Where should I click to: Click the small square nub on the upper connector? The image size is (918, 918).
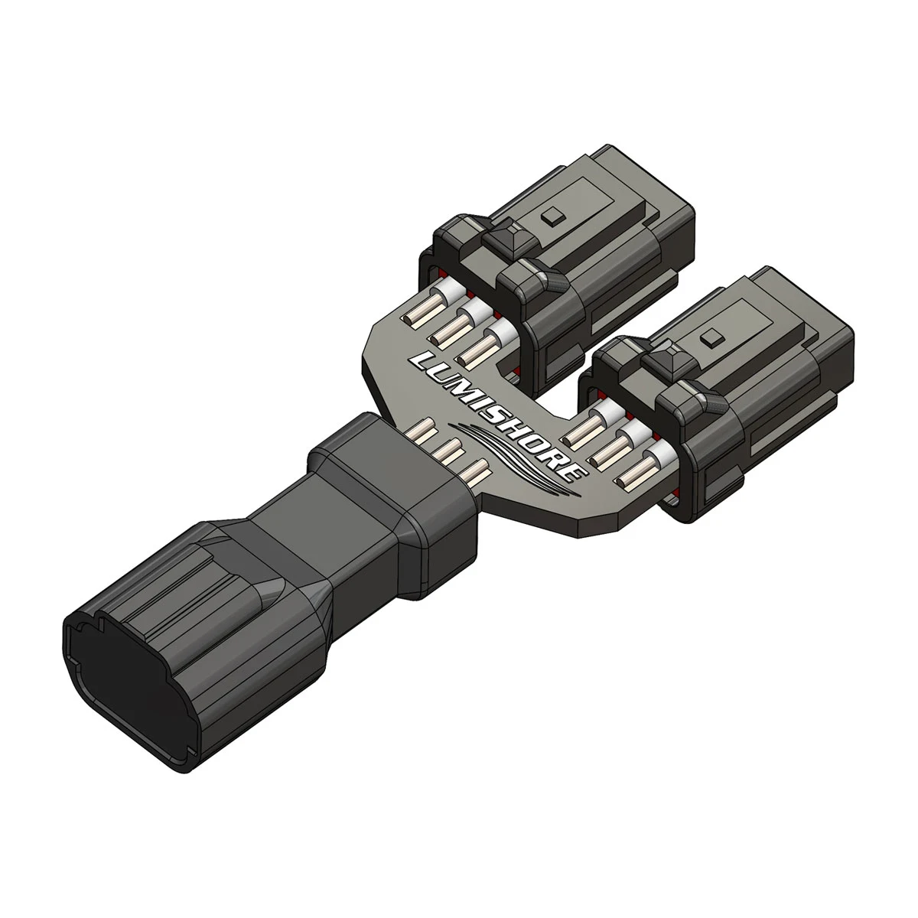click(548, 218)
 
